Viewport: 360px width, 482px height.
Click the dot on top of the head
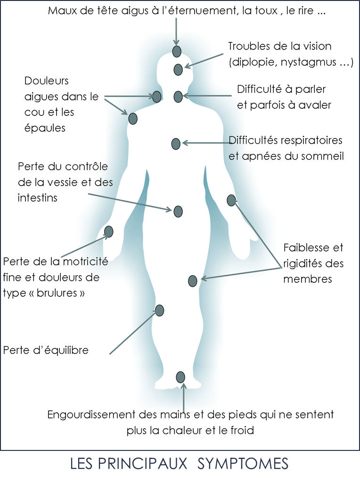click(x=177, y=51)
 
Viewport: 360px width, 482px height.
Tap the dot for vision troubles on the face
click(x=178, y=70)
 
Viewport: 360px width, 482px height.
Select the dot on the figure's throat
click(x=178, y=97)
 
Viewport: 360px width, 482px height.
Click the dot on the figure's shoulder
click(x=133, y=118)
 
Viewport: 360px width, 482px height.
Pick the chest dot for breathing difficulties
click(x=176, y=144)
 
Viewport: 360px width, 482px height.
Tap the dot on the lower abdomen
click(x=178, y=212)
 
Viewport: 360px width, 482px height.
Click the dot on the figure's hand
click(x=109, y=231)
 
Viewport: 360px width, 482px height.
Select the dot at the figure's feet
click(x=180, y=377)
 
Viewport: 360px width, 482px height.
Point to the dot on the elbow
click(x=231, y=200)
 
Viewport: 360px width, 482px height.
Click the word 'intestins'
click(x=38, y=198)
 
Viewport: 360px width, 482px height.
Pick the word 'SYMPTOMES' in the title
click(x=243, y=464)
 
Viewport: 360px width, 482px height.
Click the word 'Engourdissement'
click(x=91, y=415)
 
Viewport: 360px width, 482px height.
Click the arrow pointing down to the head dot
click(x=176, y=32)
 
